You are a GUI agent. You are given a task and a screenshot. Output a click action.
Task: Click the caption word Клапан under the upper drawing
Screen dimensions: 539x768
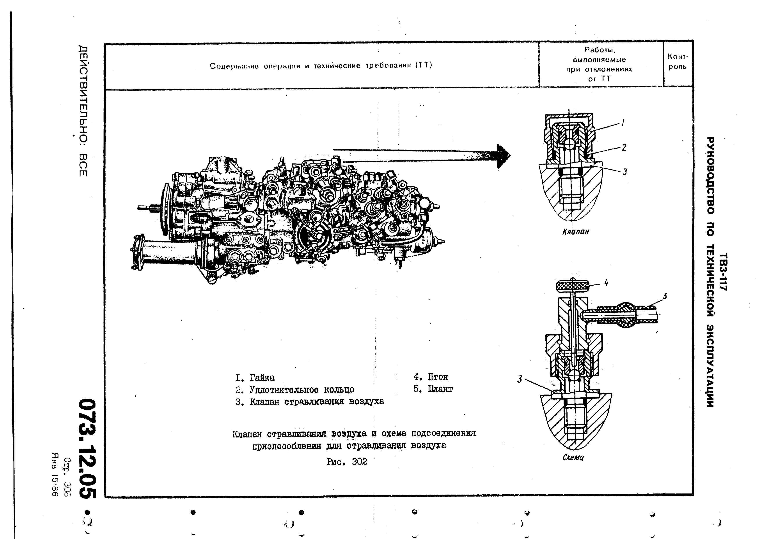575,231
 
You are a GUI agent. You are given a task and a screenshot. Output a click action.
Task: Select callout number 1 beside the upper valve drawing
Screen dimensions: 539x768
623,123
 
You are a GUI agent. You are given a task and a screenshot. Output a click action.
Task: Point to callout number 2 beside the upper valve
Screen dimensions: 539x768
624,147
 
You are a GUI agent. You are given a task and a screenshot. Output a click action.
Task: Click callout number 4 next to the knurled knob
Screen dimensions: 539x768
606,283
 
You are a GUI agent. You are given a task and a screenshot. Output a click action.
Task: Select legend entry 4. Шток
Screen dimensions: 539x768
431,377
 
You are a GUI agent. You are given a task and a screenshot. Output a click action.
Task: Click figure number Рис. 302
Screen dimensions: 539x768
347,462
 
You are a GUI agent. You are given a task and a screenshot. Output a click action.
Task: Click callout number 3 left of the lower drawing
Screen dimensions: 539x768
520,379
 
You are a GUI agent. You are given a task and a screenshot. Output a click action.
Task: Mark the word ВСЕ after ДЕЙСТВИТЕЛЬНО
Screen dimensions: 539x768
83,165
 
